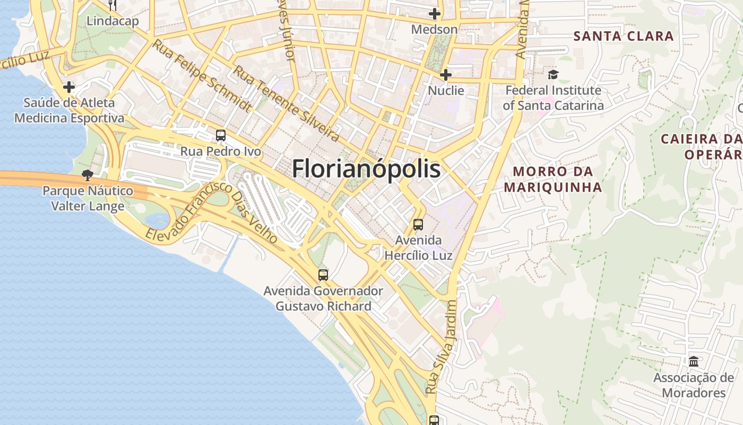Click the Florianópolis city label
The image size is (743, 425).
coord(366,169)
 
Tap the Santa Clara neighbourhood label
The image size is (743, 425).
coord(624,36)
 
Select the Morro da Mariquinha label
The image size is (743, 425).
coord(553,180)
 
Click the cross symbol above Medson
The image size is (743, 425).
coord(435,14)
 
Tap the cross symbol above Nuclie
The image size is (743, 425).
coord(446,75)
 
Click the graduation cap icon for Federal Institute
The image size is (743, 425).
coord(553,74)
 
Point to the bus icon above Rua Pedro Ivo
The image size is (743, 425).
coord(221,135)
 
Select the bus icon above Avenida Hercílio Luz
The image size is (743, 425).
coord(418,225)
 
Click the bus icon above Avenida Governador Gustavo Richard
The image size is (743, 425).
coord(323,275)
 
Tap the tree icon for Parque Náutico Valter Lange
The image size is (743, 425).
coord(88,175)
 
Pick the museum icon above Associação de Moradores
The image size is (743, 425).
coord(694,362)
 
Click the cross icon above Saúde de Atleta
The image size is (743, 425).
coord(69,87)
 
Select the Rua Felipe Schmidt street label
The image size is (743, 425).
coord(202,75)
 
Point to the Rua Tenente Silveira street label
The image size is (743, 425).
coord(287,104)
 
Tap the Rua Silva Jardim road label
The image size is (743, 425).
coord(441,347)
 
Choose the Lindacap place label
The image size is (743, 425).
coord(113,21)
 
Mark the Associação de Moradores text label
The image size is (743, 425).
coord(693,386)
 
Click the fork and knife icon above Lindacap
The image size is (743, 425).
coord(112,5)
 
